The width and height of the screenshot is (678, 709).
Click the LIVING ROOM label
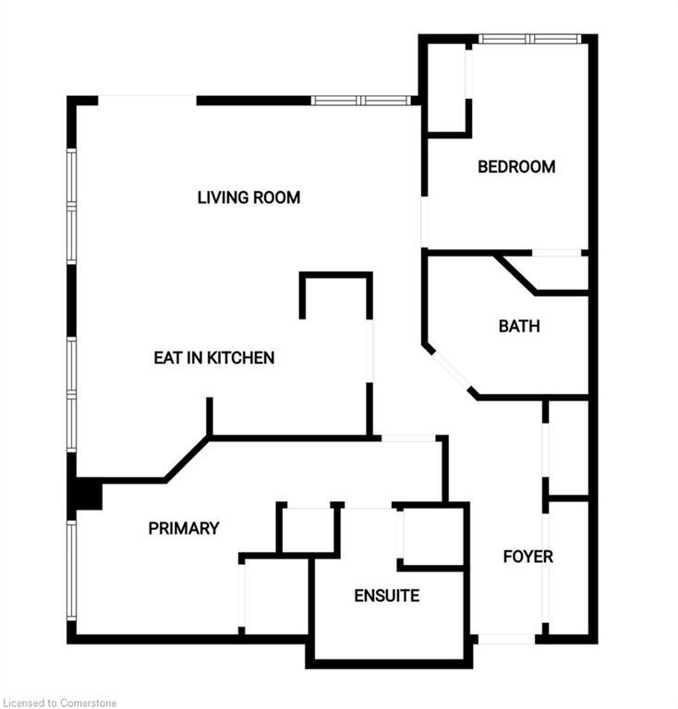click(248, 198)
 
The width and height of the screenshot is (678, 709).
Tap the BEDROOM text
click(516, 167)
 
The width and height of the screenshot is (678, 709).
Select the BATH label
click(519, 326)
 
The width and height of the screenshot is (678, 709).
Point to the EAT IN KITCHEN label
click(214, 357)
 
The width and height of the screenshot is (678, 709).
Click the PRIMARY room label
click(184, 528)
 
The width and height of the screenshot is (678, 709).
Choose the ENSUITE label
click(387, 595)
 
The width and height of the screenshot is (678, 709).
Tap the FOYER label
click(527, 556)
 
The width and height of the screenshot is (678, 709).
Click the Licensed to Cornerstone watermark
click(59, 703)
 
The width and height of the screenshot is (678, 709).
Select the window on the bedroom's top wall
click(529, 39)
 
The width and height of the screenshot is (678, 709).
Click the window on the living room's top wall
click(361, 101)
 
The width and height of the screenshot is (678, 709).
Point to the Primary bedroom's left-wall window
click(71, 571)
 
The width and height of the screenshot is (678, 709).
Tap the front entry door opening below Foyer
click(506, 639)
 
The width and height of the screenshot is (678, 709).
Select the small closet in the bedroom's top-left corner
click(446, 89)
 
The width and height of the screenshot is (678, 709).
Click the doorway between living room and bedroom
click(424, 222)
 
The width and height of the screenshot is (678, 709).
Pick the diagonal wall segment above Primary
click(188, 460)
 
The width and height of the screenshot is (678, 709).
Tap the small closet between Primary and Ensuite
click(309, 529)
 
